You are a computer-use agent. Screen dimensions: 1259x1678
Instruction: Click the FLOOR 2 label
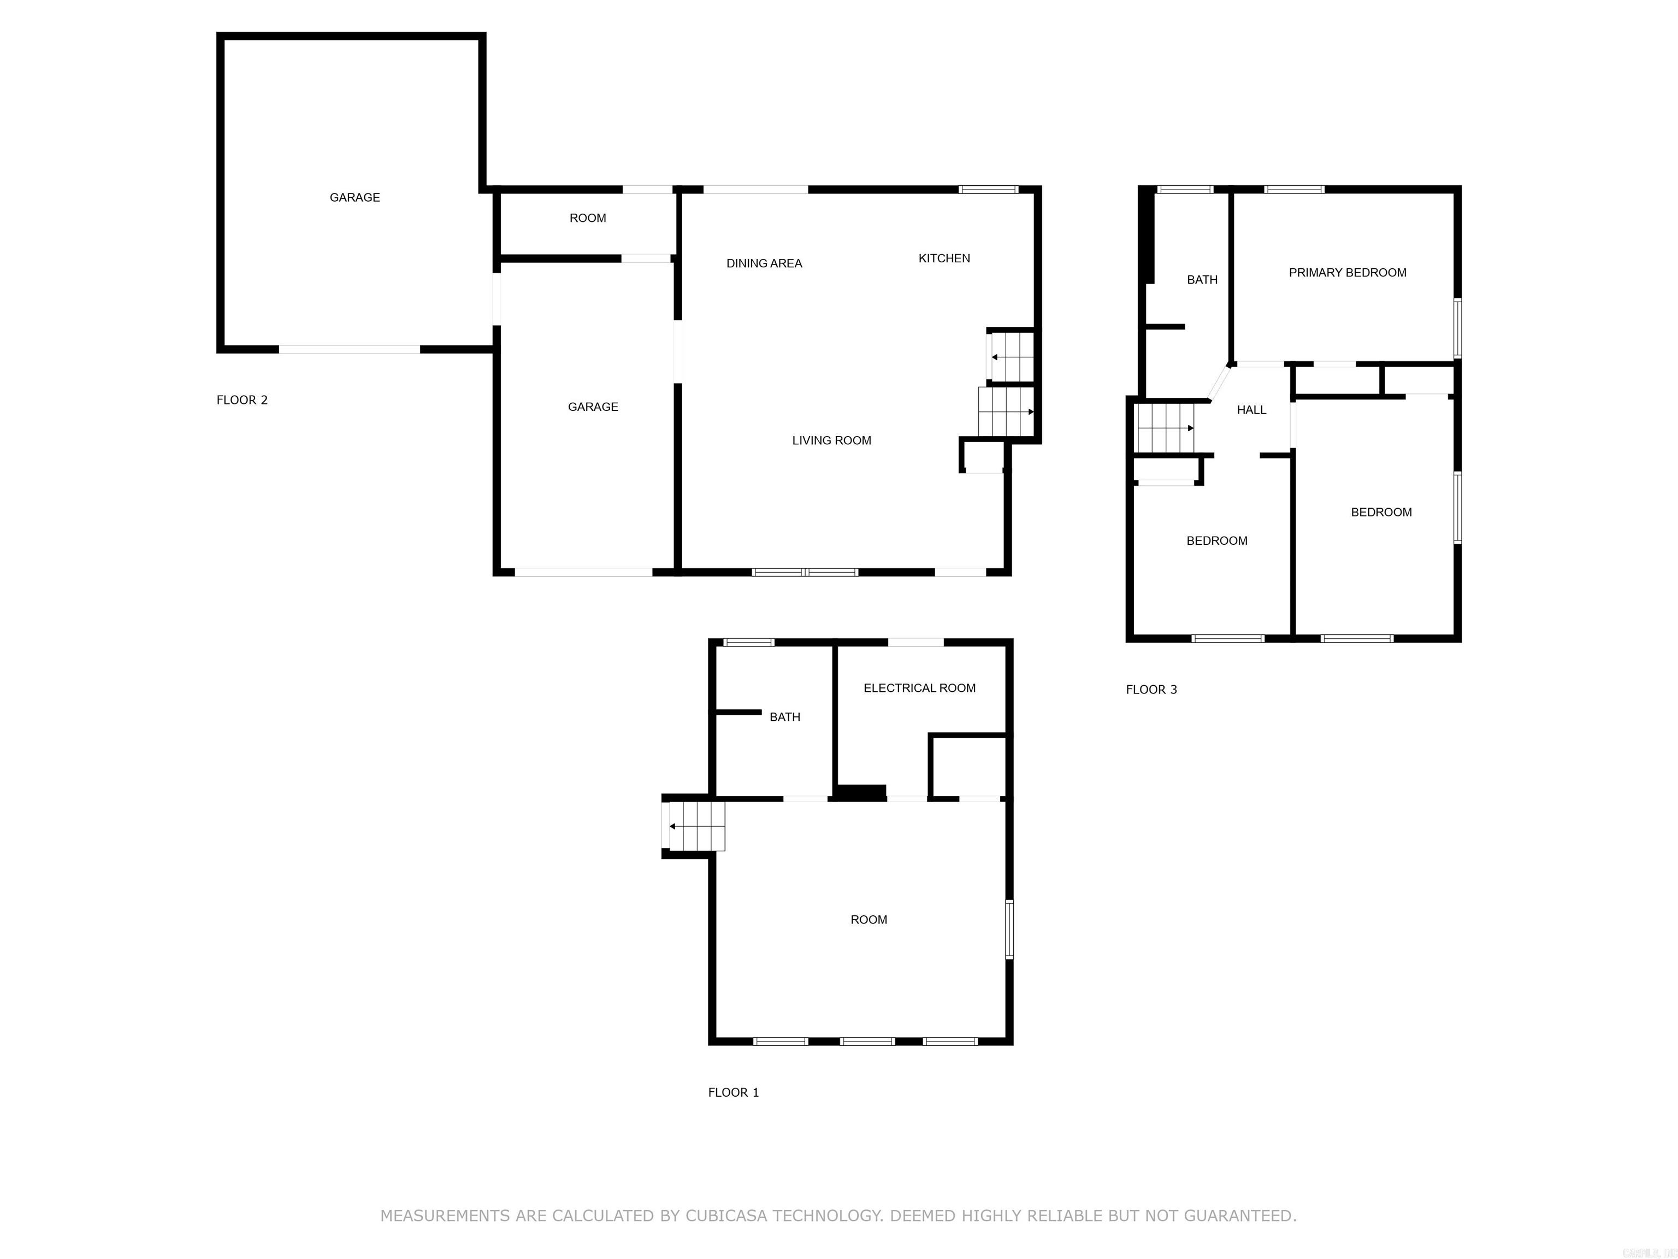pos(242,400)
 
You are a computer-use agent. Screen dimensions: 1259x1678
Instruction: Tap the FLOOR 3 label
pos(1151,689)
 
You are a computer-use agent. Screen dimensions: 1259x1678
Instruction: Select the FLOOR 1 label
pos(733,1092)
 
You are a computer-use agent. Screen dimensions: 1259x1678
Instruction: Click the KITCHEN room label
pos(944,258)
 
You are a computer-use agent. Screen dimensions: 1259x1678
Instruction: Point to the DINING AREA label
pos(764,263)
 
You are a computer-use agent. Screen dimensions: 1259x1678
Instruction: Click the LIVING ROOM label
pos(831,440)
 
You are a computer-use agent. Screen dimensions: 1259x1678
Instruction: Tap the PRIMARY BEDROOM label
pos(1347,273)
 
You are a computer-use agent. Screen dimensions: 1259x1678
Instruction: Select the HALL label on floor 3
pos(1251,410)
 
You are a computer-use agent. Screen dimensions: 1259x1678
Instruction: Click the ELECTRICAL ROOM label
pos(919,687)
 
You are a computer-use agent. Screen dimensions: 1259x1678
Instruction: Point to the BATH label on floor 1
pos(784,716)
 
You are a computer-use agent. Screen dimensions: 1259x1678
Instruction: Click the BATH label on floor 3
pos(1202,280)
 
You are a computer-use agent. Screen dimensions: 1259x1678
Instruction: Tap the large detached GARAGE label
pos(354,197)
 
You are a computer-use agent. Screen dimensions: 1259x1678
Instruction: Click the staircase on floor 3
pos(1165,427)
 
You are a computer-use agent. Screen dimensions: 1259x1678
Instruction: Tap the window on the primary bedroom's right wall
pos(1457,328)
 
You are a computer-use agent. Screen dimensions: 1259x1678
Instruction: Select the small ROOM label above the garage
pos(587,218)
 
